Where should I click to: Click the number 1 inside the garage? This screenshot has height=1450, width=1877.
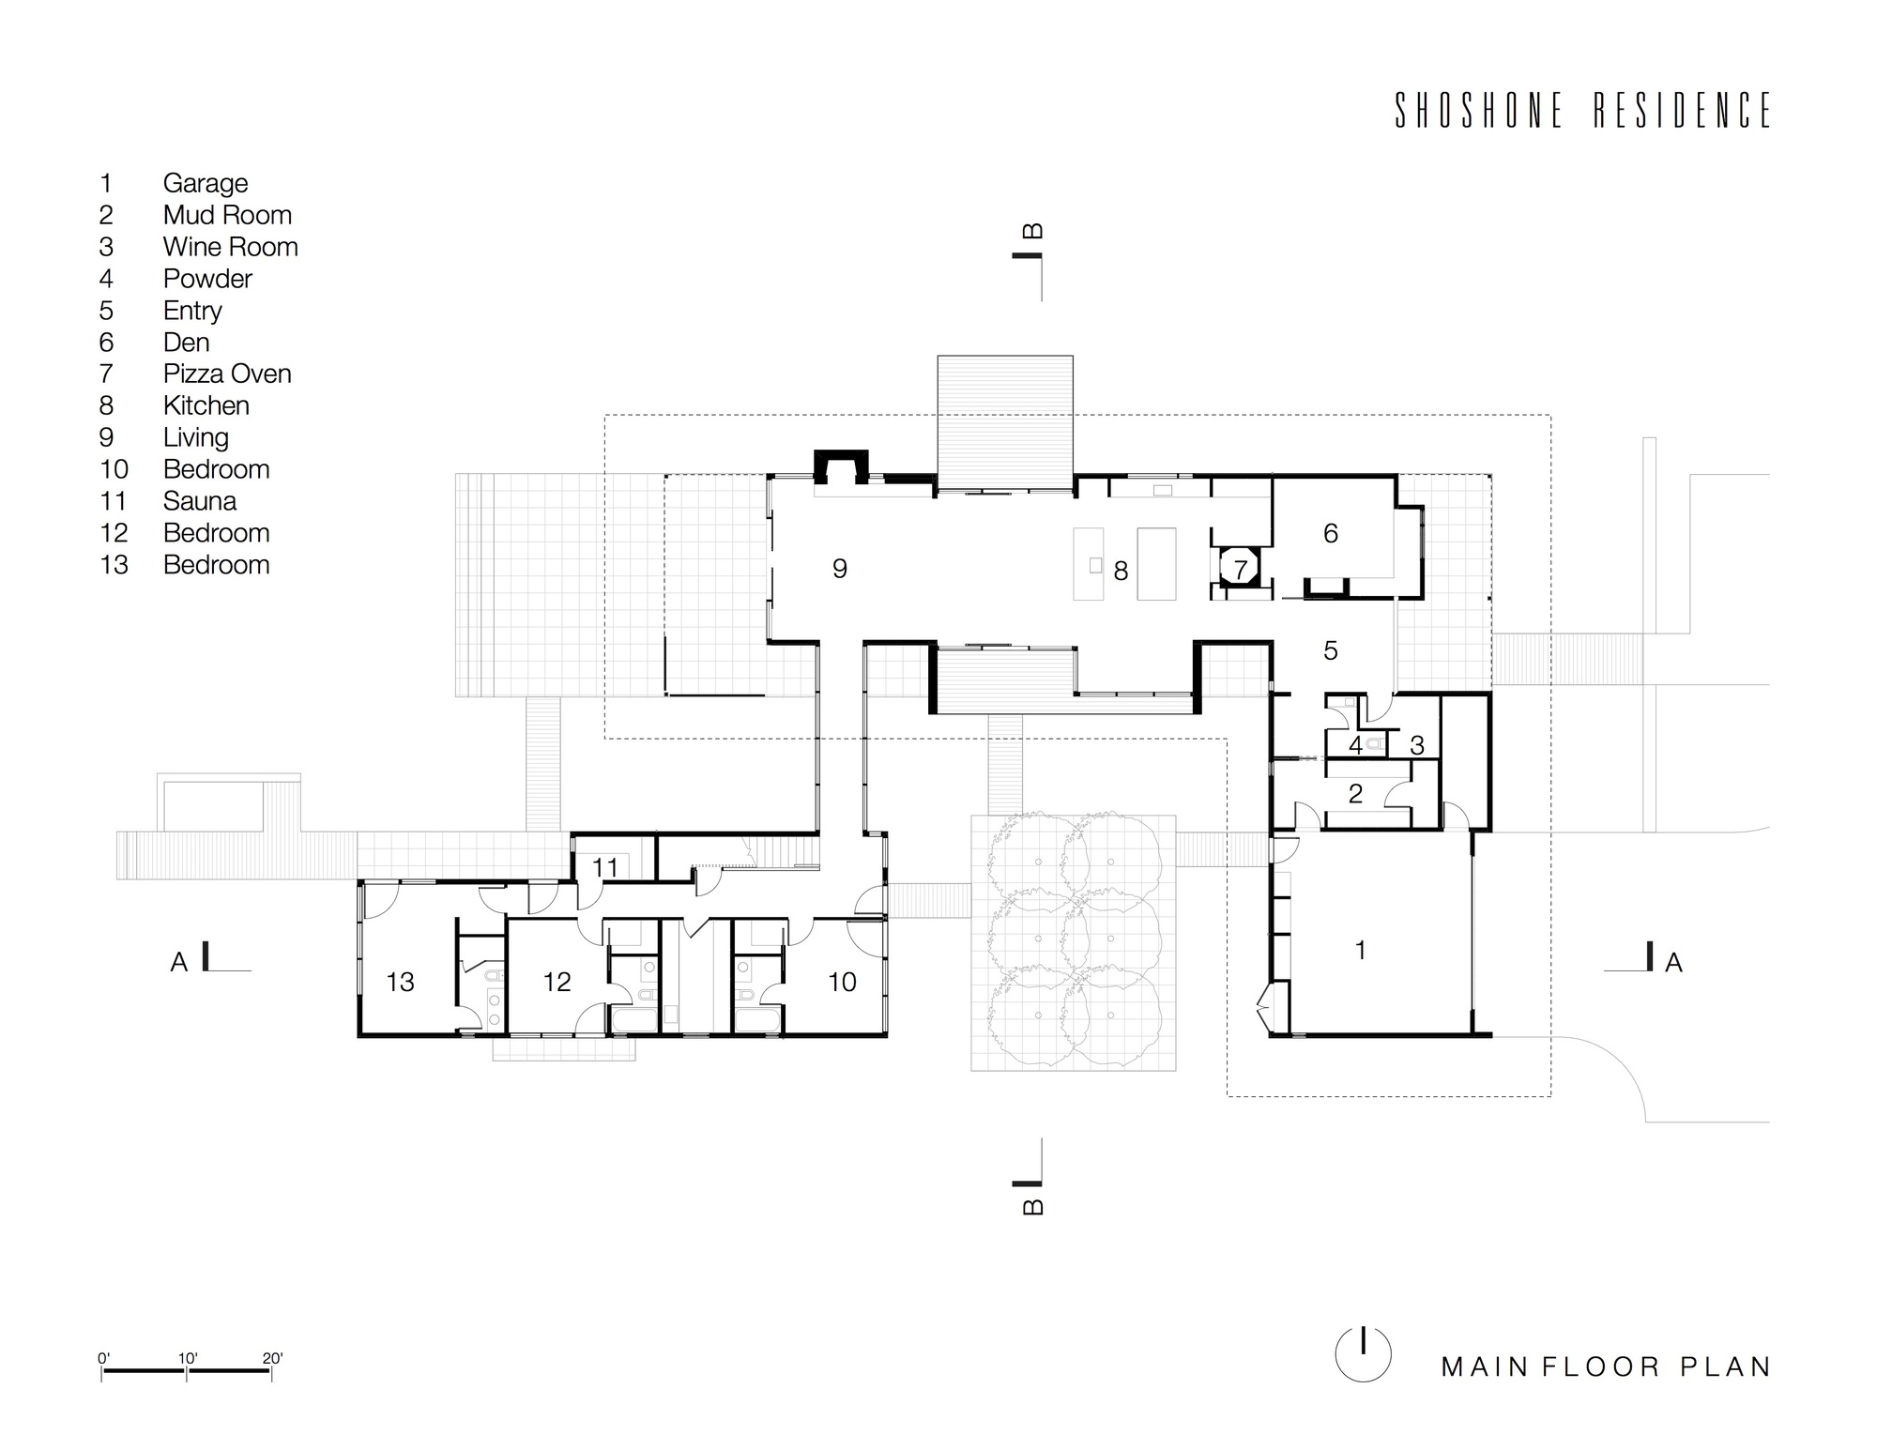click(1360, 950)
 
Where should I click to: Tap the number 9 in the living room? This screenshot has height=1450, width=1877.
click(840, 568)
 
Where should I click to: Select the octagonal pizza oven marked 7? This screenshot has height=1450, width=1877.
click(1240, 569)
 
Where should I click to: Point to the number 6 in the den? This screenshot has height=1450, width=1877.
click(1330, 533)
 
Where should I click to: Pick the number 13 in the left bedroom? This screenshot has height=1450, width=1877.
click(400, 982)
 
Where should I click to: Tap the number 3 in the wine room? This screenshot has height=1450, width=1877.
click(1417, 745)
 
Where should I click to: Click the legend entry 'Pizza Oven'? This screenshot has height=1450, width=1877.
click(227, 374)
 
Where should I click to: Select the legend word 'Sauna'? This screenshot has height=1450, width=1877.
click(199, 501)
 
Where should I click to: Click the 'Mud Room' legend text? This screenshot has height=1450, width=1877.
click(227, 215)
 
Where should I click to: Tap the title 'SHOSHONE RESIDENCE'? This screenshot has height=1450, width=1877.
click(1582, 111)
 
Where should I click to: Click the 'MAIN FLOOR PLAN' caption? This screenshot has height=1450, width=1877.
click(1606, 1366)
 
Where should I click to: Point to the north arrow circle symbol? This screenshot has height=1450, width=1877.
click(1363, 1353)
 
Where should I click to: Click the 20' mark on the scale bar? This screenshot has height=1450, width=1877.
click(272, 1358)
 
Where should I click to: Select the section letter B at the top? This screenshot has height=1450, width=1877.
click(1031, 231)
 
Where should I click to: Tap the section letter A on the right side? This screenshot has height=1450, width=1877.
click(1672, 962)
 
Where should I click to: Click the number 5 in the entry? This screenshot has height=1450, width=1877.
click(1330, 650)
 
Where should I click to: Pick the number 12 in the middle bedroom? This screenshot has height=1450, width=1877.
click(557, 982)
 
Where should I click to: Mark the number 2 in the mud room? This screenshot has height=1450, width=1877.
click(1354, 794)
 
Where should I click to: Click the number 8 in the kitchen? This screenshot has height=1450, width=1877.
click(1120, 571)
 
